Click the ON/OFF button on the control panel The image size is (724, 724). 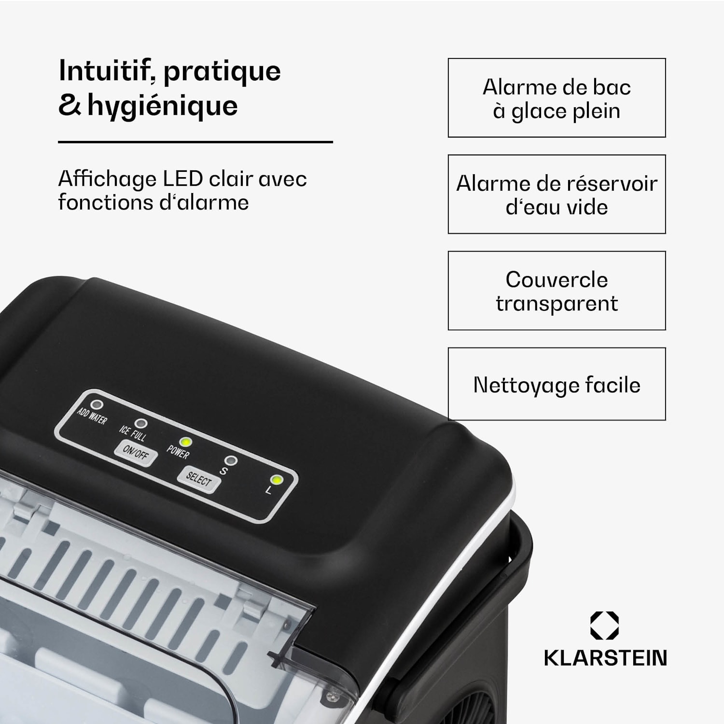click(x=136, y=453)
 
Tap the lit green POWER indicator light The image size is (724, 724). click(x=185, y=442)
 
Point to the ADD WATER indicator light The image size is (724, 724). click(x=97, y=404)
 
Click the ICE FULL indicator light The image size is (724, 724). click(x=140, y=424)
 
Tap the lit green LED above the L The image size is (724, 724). click(x=277, y=480)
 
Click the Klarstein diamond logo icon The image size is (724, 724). click(x=604, y=626)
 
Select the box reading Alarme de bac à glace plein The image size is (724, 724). click(x=557, y=98)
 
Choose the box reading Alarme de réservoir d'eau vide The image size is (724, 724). click(x=557, y=195)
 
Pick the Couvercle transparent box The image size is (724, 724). click(x=557, y=291)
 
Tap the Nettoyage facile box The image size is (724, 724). click(x=557, y=384)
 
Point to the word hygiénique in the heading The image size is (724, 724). click(x=163, y=107)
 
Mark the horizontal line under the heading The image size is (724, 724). click(x=195, y=142)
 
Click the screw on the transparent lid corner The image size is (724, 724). click(x=331, y=696)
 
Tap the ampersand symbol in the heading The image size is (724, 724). click(x=70, y=106)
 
